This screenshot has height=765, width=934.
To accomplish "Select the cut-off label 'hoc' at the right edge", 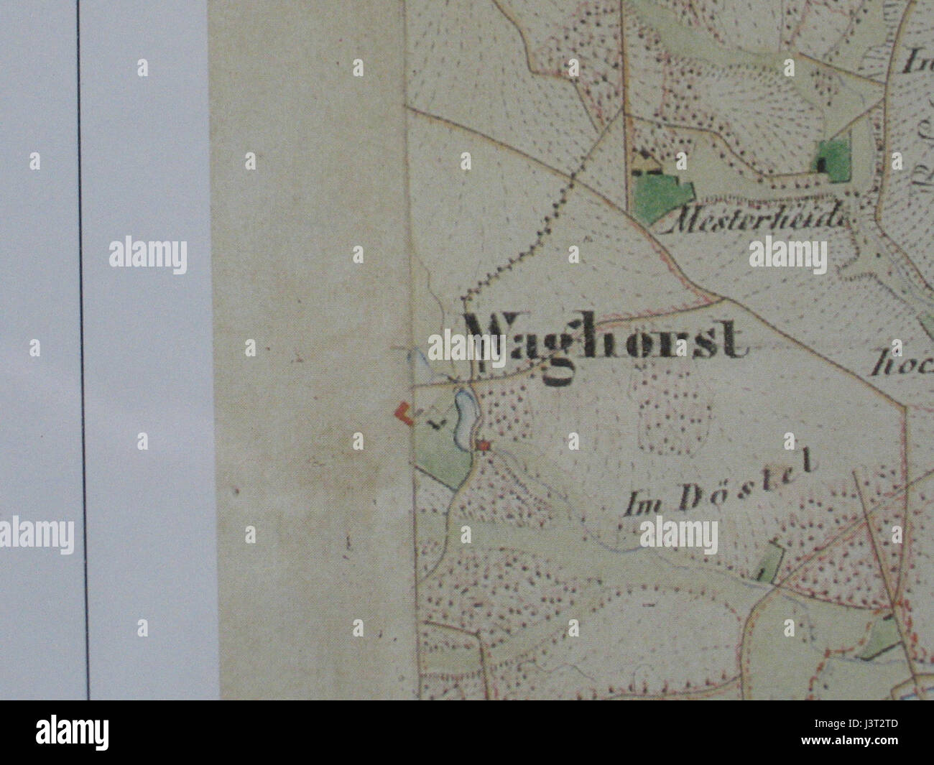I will click(x=901, y=366).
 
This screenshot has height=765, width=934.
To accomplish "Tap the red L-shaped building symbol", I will click(x=404, y=414).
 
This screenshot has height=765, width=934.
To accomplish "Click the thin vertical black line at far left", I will click(x=83, y=359).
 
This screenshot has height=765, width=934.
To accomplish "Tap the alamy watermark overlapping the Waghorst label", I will click(x=467, y=348).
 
